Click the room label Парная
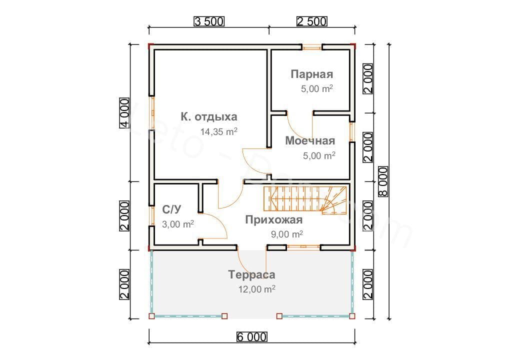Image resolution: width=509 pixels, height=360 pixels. tap(312, 74)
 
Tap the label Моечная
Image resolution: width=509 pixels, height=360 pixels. tap(310, 141)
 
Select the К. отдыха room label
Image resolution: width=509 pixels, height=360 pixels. tap(209, 117)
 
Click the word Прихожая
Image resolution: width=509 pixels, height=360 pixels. tap(273, 220)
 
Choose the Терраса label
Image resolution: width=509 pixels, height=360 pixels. tap(252, 274)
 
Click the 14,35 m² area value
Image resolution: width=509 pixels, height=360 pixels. tap(218, 132)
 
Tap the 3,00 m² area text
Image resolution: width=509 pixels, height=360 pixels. tap(178, 224)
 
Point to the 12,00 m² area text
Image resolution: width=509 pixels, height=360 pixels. tap(257, 289)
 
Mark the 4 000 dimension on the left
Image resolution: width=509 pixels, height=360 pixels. tap(124, 113)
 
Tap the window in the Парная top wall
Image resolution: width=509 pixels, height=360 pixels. tap(312, 47)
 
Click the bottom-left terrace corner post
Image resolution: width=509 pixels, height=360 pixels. tap(152, 316)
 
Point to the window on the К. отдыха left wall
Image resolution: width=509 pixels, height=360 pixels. tap(152, 113)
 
